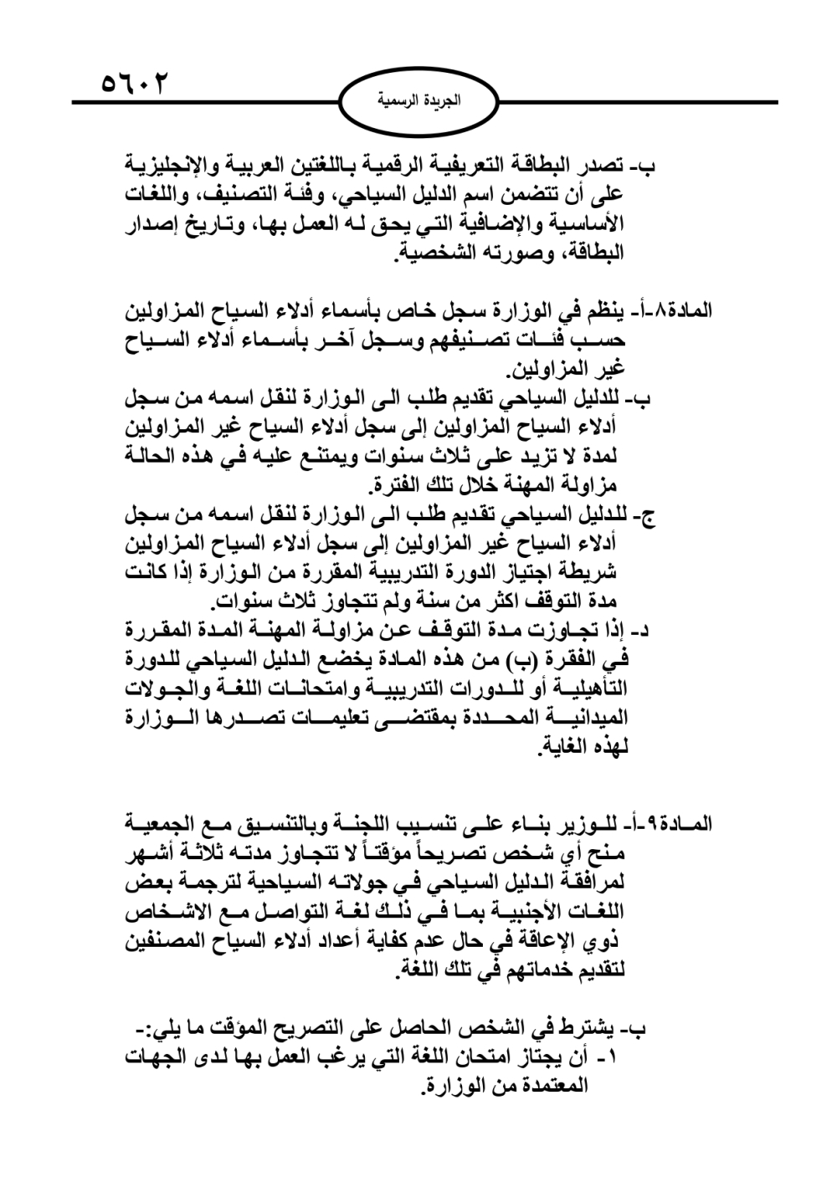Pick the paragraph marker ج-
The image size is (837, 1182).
pyautogui.click(x=648, y=516)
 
